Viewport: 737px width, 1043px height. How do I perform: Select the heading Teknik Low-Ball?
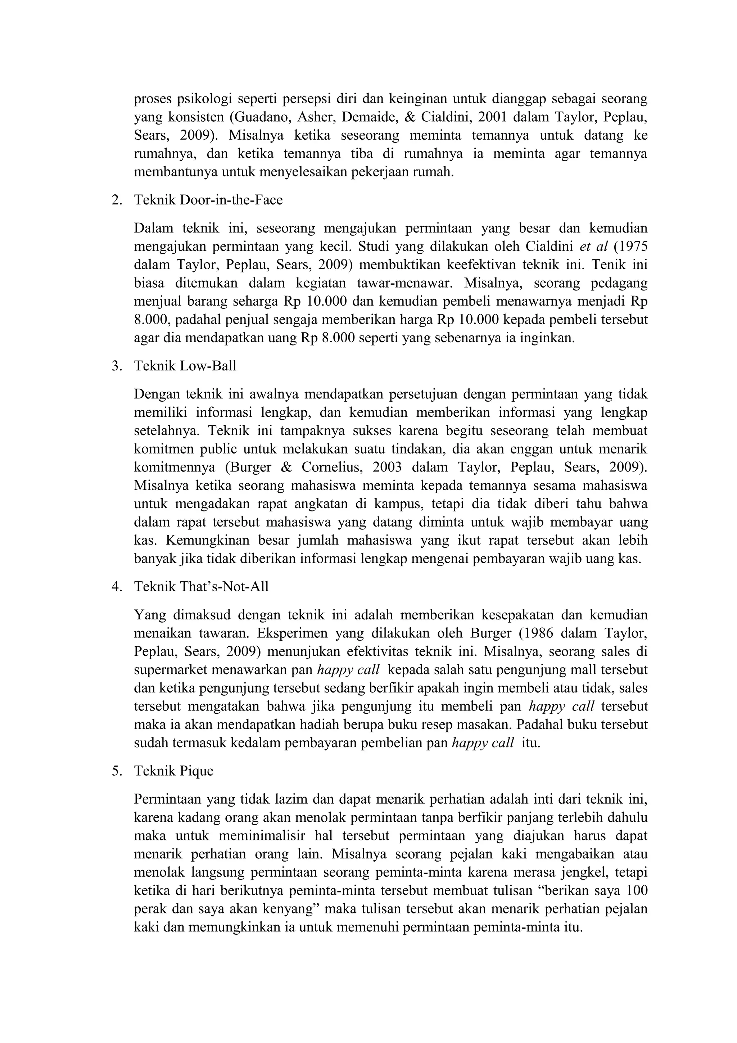pos(185,366)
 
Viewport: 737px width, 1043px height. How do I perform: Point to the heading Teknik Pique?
pos(173,771)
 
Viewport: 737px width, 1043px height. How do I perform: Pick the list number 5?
pos(116,771)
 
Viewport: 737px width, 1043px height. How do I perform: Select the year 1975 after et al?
pos(633,246)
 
